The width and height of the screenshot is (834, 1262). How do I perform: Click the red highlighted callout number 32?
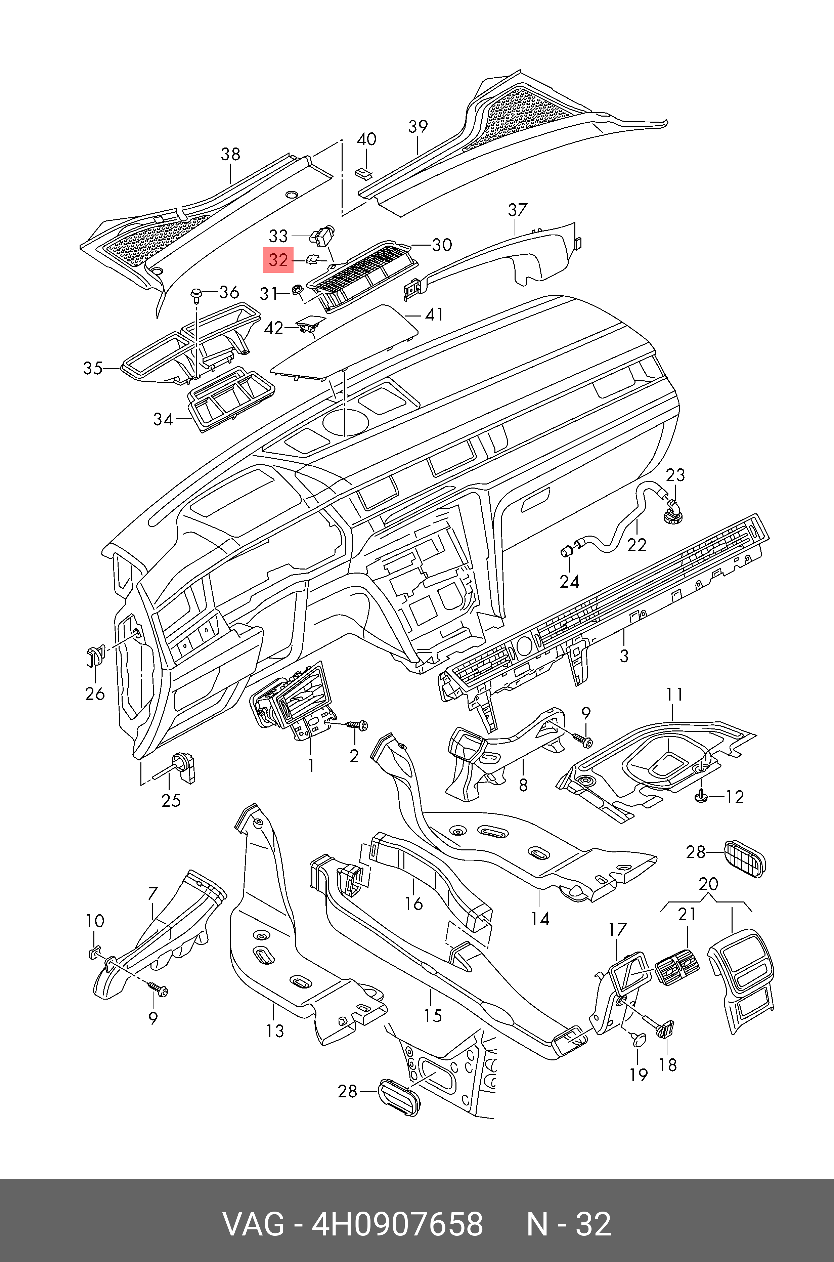click(278, 260)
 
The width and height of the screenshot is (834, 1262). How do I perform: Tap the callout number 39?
click(418, 127)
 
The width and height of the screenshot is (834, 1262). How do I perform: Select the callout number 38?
click(230, 154)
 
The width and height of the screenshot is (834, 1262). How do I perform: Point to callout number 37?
click(518, 210)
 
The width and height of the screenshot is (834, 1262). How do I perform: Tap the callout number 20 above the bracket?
click(708, 884)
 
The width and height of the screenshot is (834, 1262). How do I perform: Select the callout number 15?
click(433, 1016)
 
